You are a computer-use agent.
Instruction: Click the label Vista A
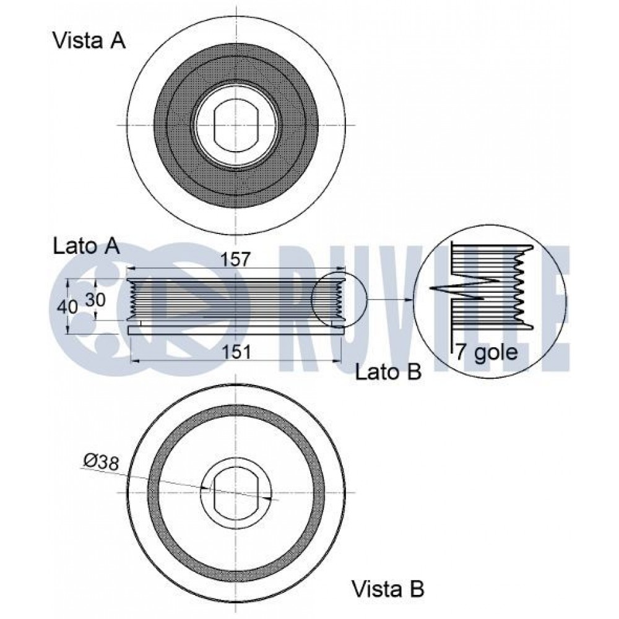coord(89,41)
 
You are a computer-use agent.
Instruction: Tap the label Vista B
coord(388,589)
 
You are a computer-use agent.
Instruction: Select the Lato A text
coord(86,247)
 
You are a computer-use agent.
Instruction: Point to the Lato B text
coord(389,372)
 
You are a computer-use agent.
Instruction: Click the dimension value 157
coord(235,259)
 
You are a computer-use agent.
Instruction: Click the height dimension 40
coord(67,306)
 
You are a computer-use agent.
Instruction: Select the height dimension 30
coord(95,300)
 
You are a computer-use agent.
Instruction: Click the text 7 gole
coord(487,352)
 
